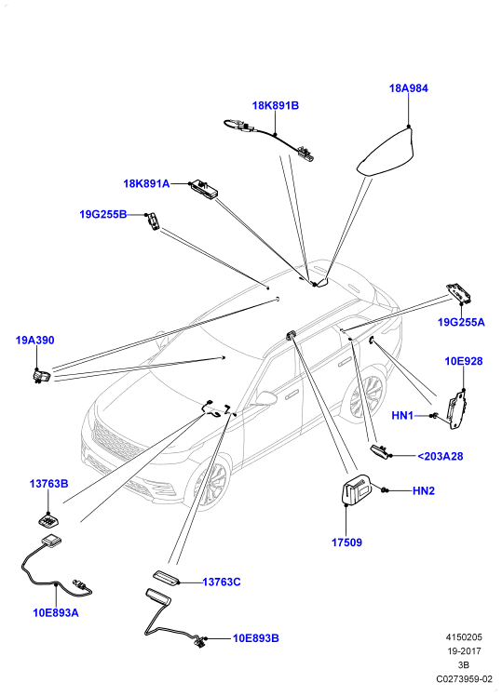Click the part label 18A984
pos(408,88)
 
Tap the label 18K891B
pos(276,106)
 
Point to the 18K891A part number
pos(146,183)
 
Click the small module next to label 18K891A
pos(204,189)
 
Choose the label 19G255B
pos(103,215)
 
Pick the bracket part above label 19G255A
pos(459,293)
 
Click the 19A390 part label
pos(34,341)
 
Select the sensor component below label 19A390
pos(41,376)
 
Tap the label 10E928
pos(464,361)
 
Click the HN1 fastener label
pos(402,416)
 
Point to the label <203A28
pos(440,456)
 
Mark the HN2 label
pos(424,491)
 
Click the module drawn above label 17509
pos(357,489)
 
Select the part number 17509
pos(346,542)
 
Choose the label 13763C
pos(222,582)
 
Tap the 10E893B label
pos(256,638)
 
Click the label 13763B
pos(48,484)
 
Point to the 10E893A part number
pos(56,613)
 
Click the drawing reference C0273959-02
pos(464,679)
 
